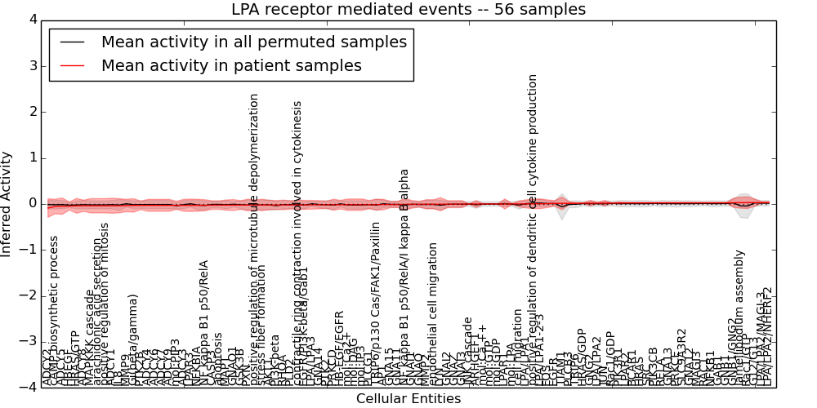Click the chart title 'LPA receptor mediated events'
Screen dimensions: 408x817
pyautogui.click(x=408, y=10)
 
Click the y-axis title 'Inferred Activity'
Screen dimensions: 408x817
pyautogui.click(x=7, y=203)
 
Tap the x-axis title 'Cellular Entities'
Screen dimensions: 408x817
pyautogui.click(x=408, y=399)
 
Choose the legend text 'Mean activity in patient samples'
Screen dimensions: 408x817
pyautogui.click(x=231, y=66)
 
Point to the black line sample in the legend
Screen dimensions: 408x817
pyautogui.click(x=71, y=42)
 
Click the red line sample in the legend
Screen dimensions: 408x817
pyautogui.click(x=71, y=66)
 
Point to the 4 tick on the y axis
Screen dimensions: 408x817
pyautogui.click(x=33, y=20)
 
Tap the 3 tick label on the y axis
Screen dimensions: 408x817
pyautogui.click(x=33, y=65)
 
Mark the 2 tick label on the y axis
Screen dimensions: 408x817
pyautogui.click(x=33, y=112)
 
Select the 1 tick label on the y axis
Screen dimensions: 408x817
pyautogui.click(x=33, y=157)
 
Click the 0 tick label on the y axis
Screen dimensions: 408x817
pyautogui.click(x=33, y=203)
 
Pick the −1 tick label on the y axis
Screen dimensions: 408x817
pyautogui.click(x=29, y=250)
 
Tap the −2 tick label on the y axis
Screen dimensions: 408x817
pyautogui.click(x=29, y=295)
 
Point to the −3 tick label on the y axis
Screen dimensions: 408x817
pyautogui.click(x=29, y=341)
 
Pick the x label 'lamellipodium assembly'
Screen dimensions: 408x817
pyautogui.click(x=739, y=314)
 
